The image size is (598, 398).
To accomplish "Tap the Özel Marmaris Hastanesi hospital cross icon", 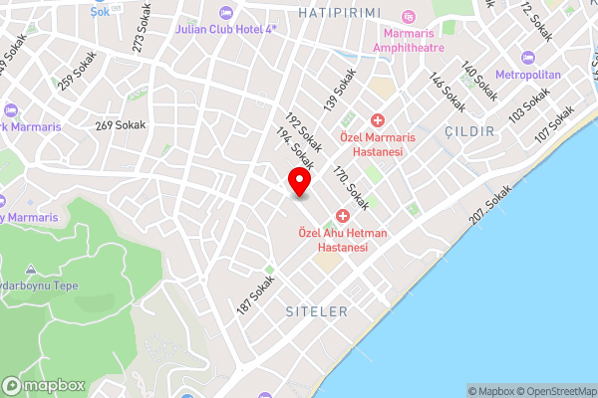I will [x=378, y=120].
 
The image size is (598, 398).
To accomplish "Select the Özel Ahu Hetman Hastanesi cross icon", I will [x=342, y=216].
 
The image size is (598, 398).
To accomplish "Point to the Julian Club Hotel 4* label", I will [x=225, y=30].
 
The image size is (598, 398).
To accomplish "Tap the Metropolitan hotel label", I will [x=528, y=75].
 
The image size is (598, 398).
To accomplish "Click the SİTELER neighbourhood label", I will [x=317, y=311].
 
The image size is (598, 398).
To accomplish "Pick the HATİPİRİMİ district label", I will [x=340, y=12].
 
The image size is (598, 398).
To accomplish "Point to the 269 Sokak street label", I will [x=121, y=125].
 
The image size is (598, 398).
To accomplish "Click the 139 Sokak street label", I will [x=339, y=90].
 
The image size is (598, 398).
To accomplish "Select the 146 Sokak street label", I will [x=448, y=92].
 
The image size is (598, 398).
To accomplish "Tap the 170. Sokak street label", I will [x=351, y=187].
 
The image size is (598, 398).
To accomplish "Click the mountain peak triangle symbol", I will [x=30, y=270].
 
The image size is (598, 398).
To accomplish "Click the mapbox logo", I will [x=44, y=385].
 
